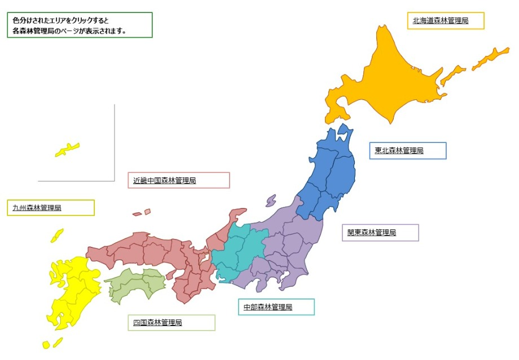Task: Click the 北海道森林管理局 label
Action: pos(440,21)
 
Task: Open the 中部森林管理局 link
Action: pos(267,307)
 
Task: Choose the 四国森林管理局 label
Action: pos(157,323)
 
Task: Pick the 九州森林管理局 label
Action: pos(37,208)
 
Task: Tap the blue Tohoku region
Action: pos(330,175)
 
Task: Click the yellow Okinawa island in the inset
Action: pos(67,150)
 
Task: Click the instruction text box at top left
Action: pos(82,25)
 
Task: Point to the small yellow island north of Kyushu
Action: pos(57,235)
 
